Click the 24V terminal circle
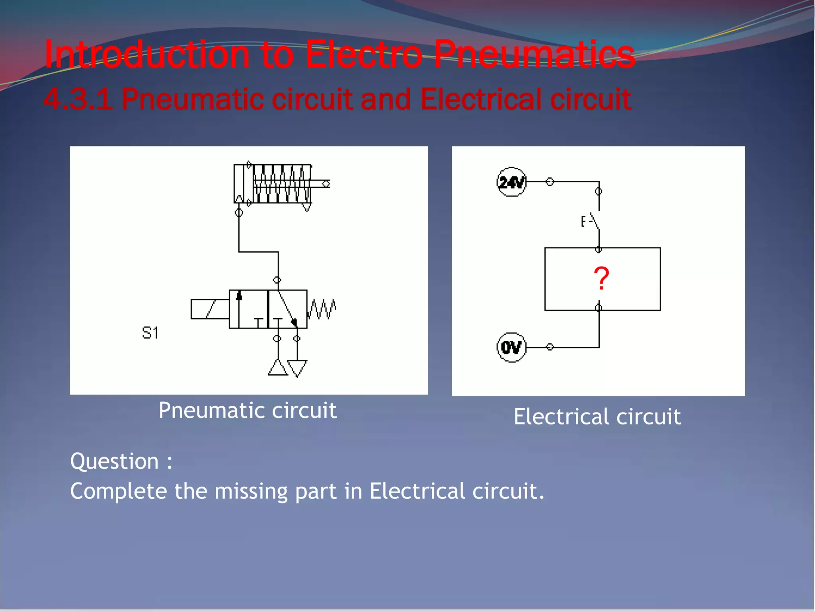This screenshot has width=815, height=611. coord(511,182)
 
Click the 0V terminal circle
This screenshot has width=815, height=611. coord(511,347)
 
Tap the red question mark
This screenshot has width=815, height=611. coord(601,278)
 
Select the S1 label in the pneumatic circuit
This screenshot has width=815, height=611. coord(150,333)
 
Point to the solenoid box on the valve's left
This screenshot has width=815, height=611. coord(210,309)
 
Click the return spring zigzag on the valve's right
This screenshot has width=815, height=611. coord(322,309)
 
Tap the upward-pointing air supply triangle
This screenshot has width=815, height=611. coord(278,368)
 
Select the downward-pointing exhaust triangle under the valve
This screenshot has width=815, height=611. coord(297,368)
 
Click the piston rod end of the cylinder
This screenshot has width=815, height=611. coord(326,183)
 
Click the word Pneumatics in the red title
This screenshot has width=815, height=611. coord(534,55)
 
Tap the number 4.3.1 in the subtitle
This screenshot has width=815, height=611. coord(78,99)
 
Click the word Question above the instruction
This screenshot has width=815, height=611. coord(115,461)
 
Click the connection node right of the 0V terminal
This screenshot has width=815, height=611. coord(550,347)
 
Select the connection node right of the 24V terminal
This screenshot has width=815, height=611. coord(550,182)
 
